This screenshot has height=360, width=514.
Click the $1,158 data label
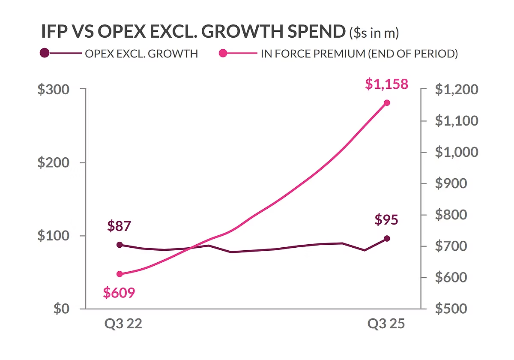click(x=387, y=84)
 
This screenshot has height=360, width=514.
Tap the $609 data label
click(x=119, y=293)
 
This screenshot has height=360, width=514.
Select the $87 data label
click(x=119, y=226)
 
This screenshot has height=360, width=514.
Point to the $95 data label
click(x=386, y=219)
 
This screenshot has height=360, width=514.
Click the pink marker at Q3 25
click(x=387, y=103)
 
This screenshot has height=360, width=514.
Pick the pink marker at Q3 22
click(x=120, y=274)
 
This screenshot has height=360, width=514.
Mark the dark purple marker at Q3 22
click(x=120, y=245)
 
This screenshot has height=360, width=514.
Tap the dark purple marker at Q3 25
click(x=387, y=239)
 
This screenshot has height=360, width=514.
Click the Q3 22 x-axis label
click(x=123, y=324)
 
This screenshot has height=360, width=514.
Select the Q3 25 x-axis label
click(x=386, y=324)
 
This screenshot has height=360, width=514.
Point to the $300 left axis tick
click(x=53, y=89)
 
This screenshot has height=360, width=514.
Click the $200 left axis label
click(x=53, y=162)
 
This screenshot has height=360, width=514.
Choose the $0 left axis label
click(x=61, y=309)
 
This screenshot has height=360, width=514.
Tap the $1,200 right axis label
click(x=457, y=89)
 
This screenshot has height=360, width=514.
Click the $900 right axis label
click(x=451, y=183)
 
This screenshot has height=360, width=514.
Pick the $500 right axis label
click(x=451, y=309)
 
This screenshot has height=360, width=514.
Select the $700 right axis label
click(x=451, y=246)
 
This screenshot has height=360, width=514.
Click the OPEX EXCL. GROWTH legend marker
click(x=45, y=53)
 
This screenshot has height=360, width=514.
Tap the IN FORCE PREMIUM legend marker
click(x=223, y=53)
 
